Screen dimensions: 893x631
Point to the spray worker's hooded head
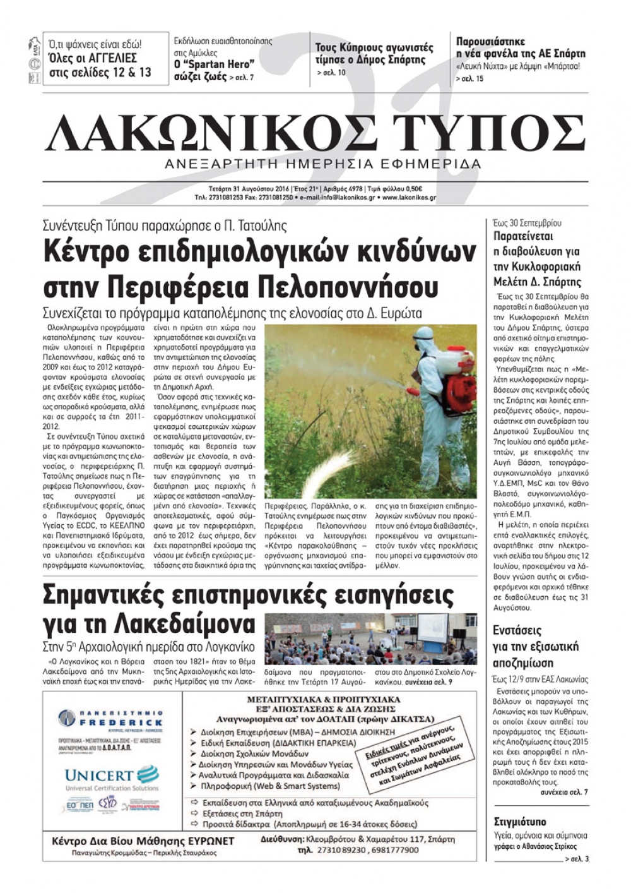(x=425, y=337)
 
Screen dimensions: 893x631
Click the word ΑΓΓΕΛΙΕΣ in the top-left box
(x=122, y=59)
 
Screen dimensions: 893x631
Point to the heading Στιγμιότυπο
(x=520, y=822)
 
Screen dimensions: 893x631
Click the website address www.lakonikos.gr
(x=408, y=197)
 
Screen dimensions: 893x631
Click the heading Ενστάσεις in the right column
(x=517, y=630)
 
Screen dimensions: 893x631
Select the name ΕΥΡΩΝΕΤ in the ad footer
(x=208, y=841)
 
